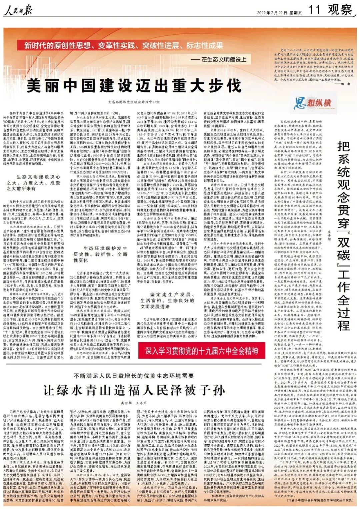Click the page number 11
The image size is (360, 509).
pos(314,10)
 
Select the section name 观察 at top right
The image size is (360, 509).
pos(340,10)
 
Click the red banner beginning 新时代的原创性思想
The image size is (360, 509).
pos(124,45)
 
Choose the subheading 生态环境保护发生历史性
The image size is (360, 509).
pos(100,254)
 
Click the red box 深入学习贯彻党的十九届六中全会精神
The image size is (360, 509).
pos(201,351)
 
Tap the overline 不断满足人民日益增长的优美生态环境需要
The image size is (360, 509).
pos(134,376)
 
